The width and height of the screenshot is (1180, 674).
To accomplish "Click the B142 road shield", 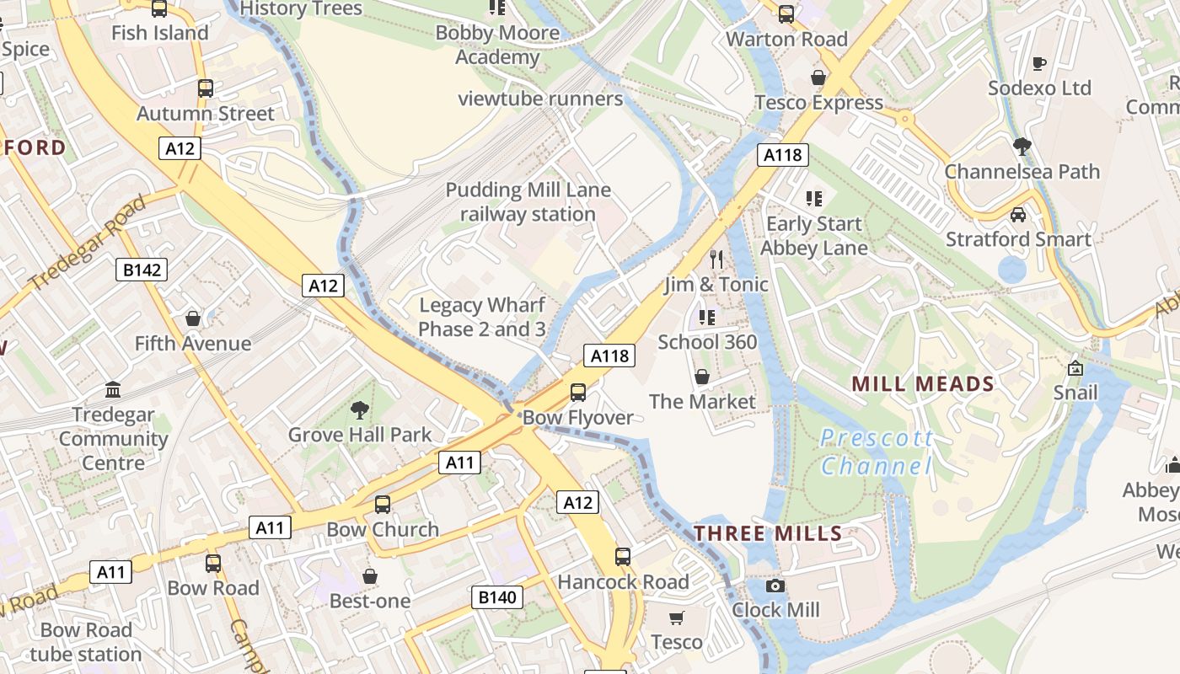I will point(141,270).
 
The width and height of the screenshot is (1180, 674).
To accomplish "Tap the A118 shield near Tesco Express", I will point(782,154).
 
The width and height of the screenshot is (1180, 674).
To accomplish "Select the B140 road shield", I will point(496,597).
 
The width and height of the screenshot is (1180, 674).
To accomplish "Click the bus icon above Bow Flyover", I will point(578,392).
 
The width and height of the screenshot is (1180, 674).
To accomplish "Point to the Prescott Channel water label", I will point(877,452).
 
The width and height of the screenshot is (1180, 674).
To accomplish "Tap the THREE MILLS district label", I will point(768,533).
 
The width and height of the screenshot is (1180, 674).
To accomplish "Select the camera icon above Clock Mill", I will point(775,586).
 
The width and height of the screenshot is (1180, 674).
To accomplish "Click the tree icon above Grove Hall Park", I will point(360,410).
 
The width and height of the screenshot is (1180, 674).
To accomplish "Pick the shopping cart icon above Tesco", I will point(676,618).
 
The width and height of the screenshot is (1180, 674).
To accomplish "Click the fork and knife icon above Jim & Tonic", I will point(716,259).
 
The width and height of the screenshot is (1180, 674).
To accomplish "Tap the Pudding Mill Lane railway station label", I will point(528,202).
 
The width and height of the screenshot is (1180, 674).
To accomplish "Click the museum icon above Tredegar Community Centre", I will point(113,390).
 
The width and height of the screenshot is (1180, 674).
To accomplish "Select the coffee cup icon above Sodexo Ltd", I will point(1039,63).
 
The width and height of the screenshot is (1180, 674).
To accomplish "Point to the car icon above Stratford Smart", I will point(1018,214).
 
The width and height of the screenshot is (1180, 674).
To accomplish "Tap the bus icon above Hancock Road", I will point(623,557).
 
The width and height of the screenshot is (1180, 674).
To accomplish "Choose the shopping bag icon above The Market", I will point(701,377).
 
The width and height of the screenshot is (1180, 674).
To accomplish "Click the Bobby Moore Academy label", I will point(497,45).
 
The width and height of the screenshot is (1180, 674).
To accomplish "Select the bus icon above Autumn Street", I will point(205,88).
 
